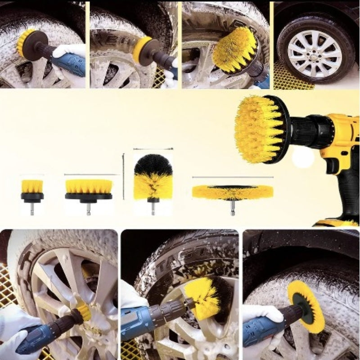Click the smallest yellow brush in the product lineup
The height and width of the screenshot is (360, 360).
(32, 186)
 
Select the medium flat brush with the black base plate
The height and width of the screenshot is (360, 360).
(88, 188)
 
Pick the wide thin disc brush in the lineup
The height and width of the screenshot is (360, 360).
(232, 192)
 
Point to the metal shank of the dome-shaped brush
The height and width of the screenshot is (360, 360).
(153, 207)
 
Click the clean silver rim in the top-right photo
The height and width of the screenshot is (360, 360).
(315, 53)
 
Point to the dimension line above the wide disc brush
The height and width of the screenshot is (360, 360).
(232, 177)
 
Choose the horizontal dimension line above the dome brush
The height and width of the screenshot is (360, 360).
(153, 148)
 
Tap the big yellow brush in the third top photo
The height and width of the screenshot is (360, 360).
(234, 50)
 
